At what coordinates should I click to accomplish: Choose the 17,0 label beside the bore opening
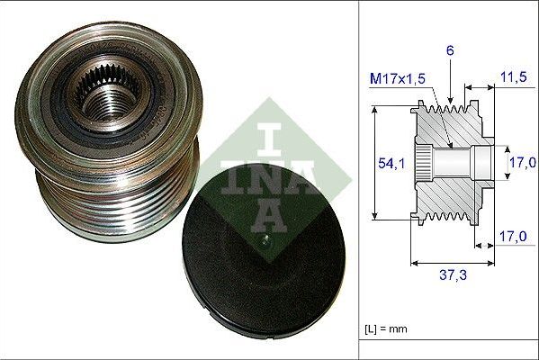coord(519,162)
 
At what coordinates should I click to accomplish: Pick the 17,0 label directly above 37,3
coord(511,238)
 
